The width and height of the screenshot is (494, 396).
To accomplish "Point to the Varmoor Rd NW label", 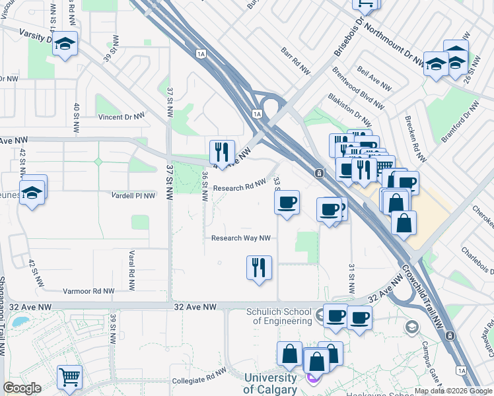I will click(x=88, y=290).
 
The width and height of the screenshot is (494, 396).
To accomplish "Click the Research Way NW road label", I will click(x=241, y=238).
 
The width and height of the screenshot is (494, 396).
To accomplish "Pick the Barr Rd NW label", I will click(x=295, y=61).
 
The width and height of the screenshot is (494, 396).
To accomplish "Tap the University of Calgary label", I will click(x=270, y=383).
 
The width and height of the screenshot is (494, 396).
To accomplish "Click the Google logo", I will click(x=22, y=388).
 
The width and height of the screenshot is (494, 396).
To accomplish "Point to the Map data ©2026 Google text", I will click(x=453, y=391).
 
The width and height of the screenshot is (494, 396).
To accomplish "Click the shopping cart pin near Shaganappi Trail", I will click(x=69, y=378).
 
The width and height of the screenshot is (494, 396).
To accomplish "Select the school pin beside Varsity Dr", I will click(x=65, y=44).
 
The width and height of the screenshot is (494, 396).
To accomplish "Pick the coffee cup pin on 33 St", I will click(x=287, y=203).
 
